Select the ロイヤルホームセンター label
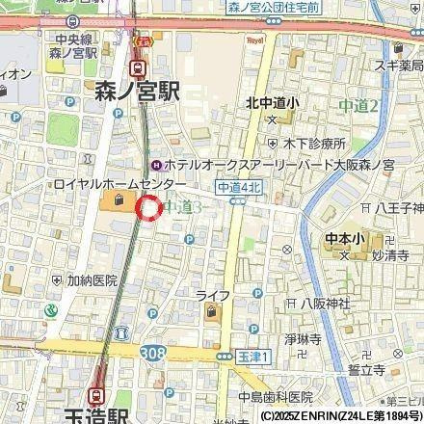[x=108, y=183]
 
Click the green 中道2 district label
[x=358, y=103]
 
